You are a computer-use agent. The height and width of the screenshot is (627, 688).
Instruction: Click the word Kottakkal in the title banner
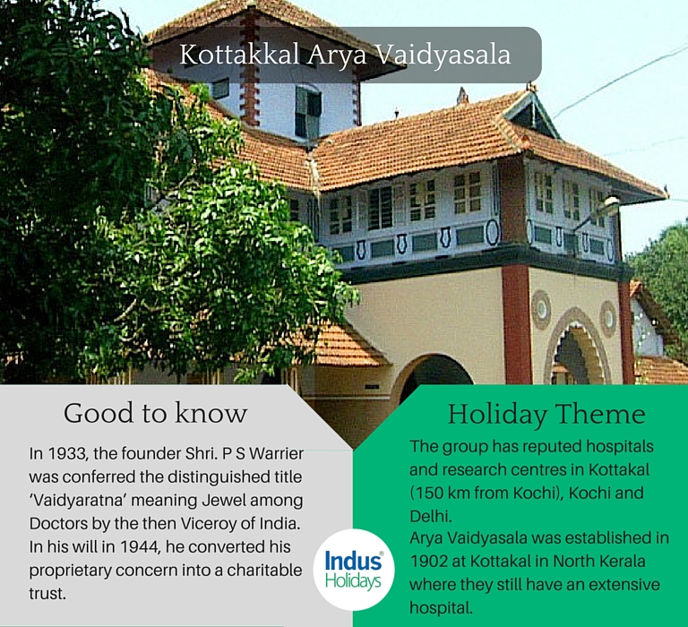(239, 55)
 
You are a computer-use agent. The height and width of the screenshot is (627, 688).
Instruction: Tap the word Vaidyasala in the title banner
(443, 55)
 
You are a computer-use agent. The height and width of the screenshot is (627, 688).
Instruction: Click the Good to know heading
(155, 413)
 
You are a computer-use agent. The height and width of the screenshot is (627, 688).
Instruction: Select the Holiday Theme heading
(546, 414)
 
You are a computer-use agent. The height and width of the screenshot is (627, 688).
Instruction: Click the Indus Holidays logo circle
(354, 570)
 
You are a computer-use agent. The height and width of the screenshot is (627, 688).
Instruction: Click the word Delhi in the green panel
(430, 517)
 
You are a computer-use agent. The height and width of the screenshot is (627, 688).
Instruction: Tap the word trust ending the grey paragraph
(47, 594)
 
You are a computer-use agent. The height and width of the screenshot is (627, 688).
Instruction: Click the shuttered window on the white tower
(307, 111)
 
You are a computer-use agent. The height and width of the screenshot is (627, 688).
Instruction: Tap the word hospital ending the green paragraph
(442, 608)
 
